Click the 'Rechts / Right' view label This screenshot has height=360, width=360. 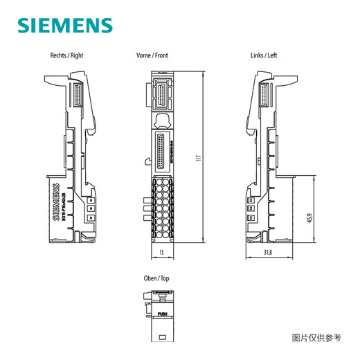(67, 55)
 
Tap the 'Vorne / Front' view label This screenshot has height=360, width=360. (152, 55)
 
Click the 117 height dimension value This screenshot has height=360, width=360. (199, 159)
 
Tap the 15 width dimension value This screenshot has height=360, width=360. (161, 253)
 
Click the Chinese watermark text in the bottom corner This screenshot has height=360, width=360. (316, 338)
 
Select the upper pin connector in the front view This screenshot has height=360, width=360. (163, 96)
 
